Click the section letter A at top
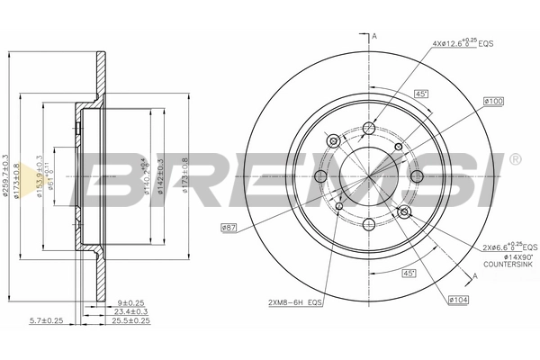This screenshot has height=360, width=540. (x=373, y=35)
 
